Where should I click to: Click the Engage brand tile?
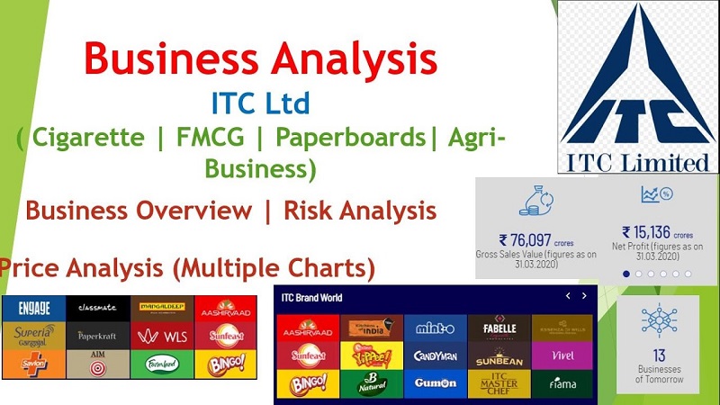coord(32,309)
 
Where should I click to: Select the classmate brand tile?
coord(97,309)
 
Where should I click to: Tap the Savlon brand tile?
coord(32,364)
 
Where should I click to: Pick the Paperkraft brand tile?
coord(97,337)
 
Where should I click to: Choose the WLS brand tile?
coord(162,337)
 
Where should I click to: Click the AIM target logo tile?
coord(97,364)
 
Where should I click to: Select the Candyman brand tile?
coord(435,355)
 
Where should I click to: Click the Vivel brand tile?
coord(562,355)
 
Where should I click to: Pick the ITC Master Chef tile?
coord(498,382)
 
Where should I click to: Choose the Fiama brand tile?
coord(562,382)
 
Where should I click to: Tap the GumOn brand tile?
coord(435,382)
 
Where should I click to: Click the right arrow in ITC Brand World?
coord(584,296)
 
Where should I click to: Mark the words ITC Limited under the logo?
coord(637,164)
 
